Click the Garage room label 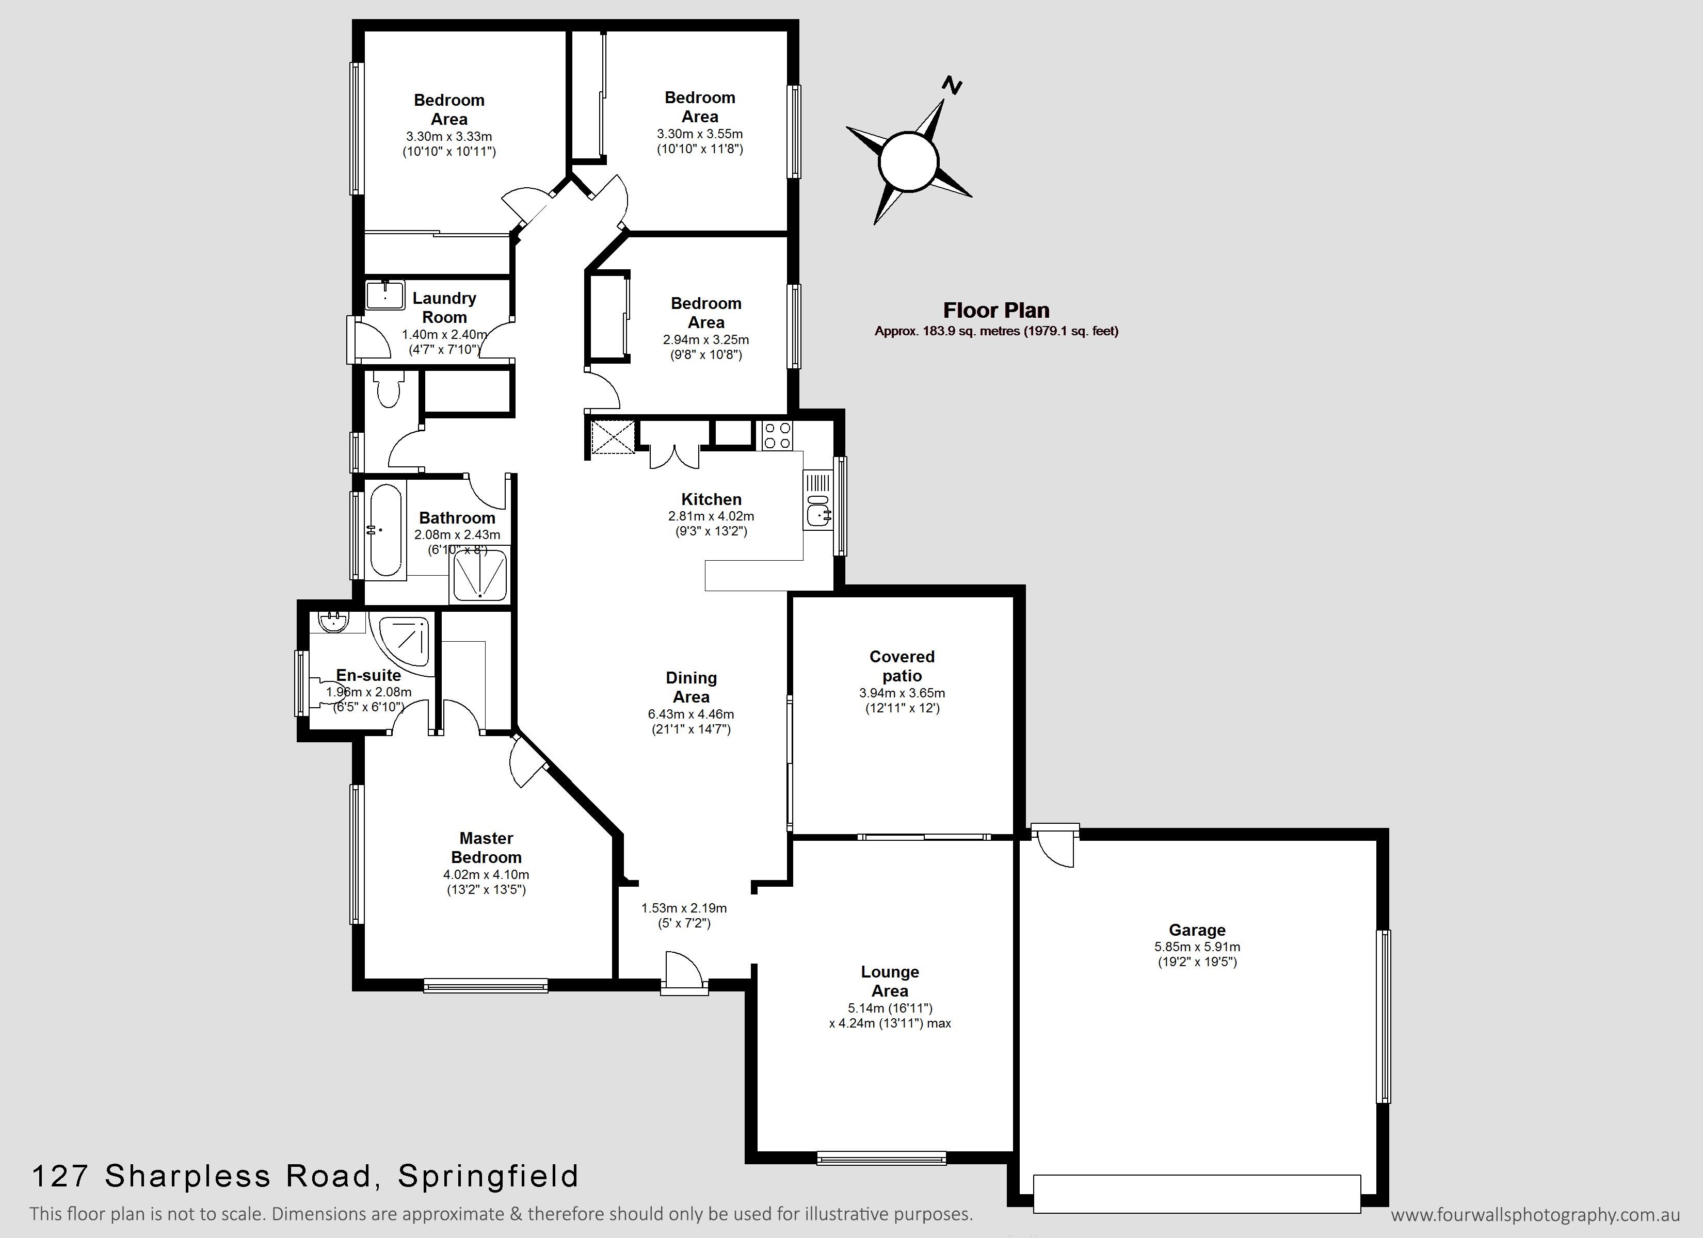1197,930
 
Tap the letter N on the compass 952,86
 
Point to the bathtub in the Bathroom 385,530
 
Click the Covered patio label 902,666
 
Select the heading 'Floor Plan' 997,310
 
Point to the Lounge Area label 890,981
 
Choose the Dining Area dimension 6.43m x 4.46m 691,714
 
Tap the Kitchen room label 711,499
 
